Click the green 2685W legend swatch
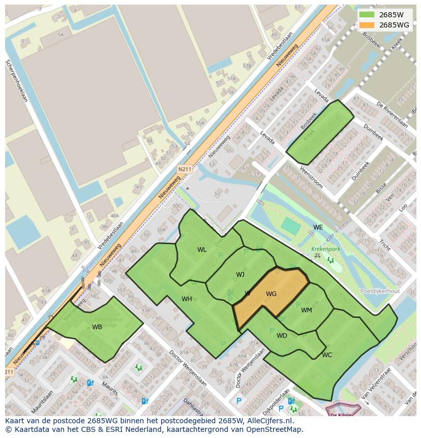[366, 15]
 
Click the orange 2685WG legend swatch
[366, 25]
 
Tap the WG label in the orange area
[271, 294]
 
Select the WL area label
[202, 250]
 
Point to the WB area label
[97, 327]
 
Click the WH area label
[187, 299]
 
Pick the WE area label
[318, 227]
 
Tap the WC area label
[327, 355]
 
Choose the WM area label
[306, 310]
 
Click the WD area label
[282, 336]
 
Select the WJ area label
[240, 275]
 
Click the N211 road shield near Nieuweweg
[185, 169]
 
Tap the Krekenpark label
[325, 250]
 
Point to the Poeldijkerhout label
[379, 291]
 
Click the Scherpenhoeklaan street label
[16, 81]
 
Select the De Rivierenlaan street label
[392, 115]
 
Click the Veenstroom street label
[310, 177]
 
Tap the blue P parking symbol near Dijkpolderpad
[239, 401]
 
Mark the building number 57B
[247, 66]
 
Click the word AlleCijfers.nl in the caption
[267, 421]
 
